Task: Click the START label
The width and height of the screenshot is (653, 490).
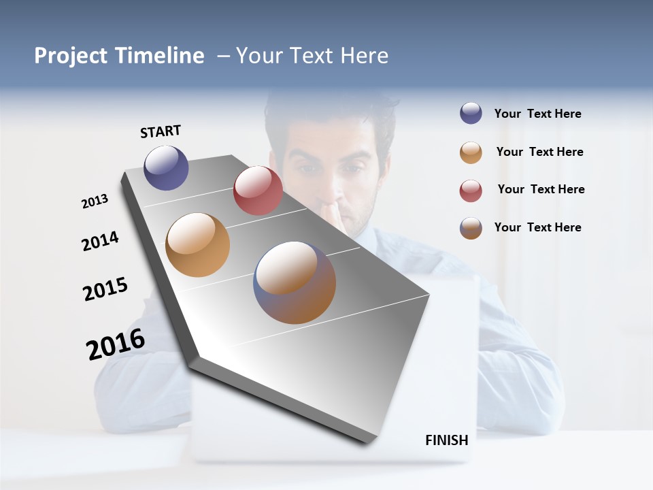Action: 161,131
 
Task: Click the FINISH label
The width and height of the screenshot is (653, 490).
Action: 447,440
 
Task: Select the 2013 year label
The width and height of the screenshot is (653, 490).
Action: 95,201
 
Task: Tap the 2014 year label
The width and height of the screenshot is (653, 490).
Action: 100,241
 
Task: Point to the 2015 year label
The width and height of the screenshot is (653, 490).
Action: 105,289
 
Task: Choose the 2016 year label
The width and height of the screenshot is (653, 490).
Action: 116,344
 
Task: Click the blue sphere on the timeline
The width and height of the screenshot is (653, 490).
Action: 166,167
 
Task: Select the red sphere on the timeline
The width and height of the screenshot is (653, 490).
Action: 258,191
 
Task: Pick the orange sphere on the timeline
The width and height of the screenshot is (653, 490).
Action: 197,245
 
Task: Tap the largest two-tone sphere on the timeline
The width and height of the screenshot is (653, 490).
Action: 295,282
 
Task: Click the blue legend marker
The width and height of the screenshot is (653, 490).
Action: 471,114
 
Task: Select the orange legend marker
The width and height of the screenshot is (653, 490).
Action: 471,152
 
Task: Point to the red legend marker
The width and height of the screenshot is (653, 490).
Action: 471,191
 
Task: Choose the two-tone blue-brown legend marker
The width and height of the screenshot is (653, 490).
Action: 471,228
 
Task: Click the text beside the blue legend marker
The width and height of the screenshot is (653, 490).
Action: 537,114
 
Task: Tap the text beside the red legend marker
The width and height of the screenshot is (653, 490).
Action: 541,189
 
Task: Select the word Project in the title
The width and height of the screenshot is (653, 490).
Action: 71,56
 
